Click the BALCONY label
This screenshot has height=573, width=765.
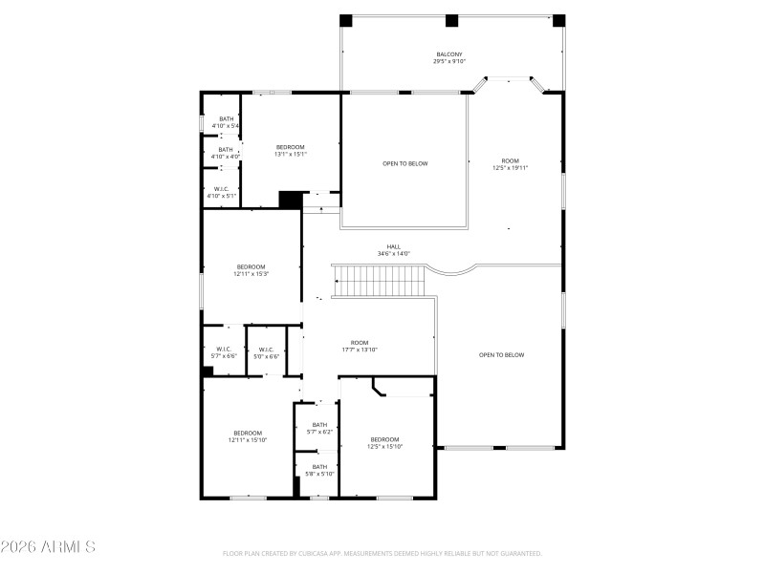(x=449, y=54)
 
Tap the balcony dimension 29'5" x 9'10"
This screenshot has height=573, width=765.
(x=449, y=62)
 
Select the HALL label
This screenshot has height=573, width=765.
(x=393, y=245)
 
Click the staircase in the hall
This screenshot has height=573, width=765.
(x=379, y=282)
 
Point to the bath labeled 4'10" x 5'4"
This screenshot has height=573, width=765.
(x=226, y=122)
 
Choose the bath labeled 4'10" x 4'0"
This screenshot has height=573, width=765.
(x=226, y=153)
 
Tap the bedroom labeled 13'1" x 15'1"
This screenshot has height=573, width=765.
(x=290, y=150)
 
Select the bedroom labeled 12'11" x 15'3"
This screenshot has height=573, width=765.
(x=251, y=269)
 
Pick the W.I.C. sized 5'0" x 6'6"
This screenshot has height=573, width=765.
(x=266, y=352)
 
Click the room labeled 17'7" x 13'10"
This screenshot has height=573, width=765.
(x=360, y=346)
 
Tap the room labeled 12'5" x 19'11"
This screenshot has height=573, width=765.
(x=510, y=163)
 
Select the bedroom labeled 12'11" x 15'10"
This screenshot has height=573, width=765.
(x=247, y=436)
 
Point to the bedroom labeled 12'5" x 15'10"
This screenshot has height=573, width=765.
(x=385, y=442)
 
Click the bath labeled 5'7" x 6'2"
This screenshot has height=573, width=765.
(x=319, y=428)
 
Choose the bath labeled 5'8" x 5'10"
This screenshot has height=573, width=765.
(x=319, y=470)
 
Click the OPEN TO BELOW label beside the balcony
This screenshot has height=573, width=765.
(x=404, y=163)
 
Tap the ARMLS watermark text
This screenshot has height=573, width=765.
(x=48, y=547)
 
